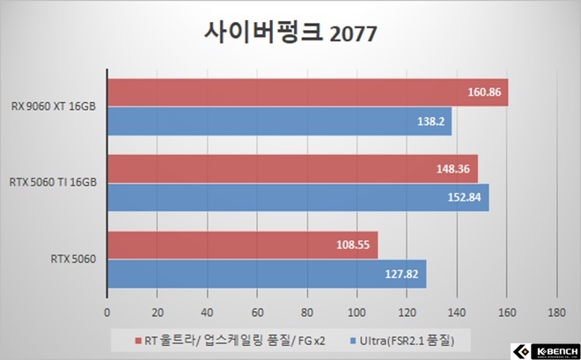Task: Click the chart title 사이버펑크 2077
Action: (290, 33)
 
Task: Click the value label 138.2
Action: (431, 121)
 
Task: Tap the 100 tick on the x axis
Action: (356, 312)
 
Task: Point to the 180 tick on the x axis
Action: (555, 312)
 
